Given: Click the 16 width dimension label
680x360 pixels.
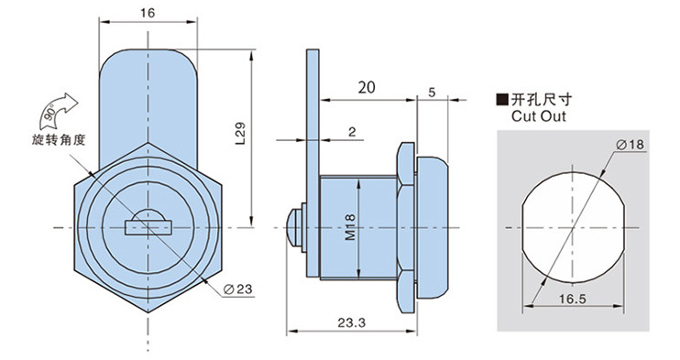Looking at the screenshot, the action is click(x=148, y=13).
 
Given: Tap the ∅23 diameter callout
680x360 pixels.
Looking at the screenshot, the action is click(x=237, y=289).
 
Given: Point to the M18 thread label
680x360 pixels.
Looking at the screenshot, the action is click(x=350, y=227).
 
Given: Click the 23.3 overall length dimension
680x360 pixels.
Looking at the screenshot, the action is click(x=352, y=322).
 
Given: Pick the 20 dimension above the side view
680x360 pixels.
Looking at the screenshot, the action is click(x=367, y=88).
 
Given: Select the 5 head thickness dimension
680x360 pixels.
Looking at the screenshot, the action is click(x=432, y=93).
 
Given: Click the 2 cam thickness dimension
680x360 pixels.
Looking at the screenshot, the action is click(x=352, y=132).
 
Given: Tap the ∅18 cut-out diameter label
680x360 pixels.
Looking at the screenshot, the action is click(x=631, y=145).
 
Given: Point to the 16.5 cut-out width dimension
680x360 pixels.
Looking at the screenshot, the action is click(x=573, y=300).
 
